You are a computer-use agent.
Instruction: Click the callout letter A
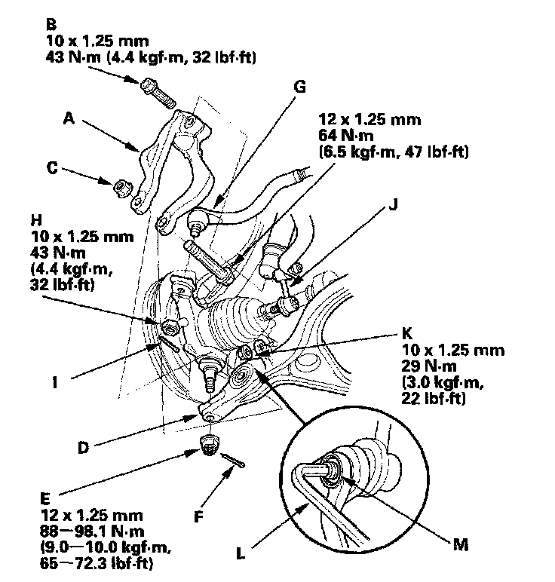[69, 118]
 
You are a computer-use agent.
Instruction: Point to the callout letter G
[299, 86]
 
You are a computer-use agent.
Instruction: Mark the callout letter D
[84, 446]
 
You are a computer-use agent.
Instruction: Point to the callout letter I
[55, 381]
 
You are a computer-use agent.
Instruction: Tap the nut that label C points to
[120, 185]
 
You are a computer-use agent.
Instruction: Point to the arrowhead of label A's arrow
[140, 150]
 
